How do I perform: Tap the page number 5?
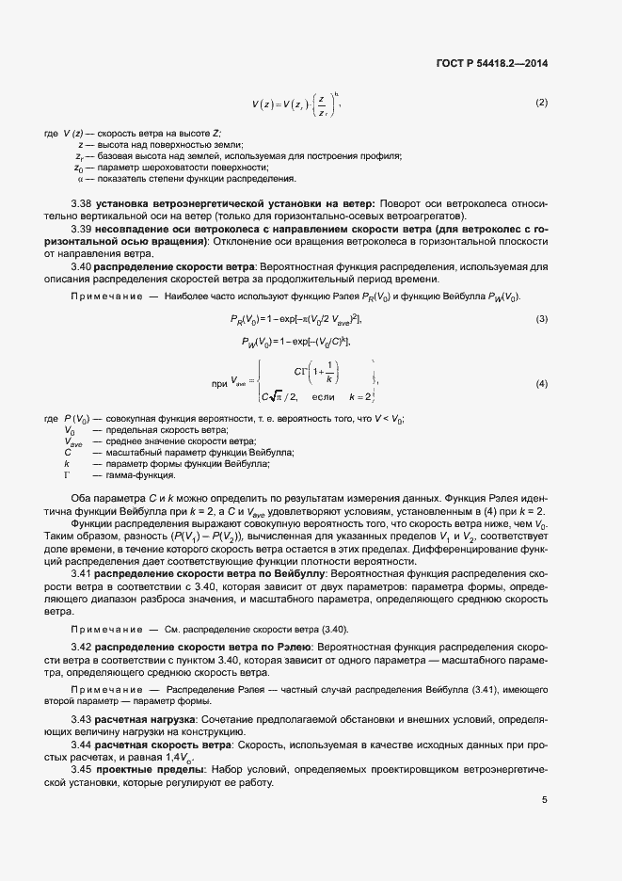point(544,800)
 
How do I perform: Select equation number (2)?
point(541,102)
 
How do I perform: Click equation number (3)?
point(541,321)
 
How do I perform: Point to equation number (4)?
point(541,384)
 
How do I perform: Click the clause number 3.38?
point(82,203)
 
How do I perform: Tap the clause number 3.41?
point(82,572)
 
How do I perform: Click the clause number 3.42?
point(82,649)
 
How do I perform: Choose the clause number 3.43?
point(82,719)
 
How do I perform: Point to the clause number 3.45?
point(82,770)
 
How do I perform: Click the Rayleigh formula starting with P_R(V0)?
point(295,321)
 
